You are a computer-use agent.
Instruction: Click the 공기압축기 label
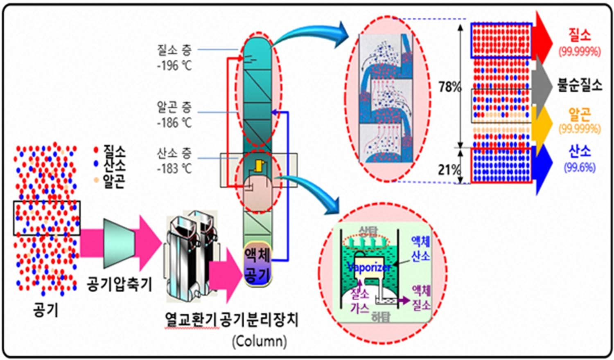pos(119,283)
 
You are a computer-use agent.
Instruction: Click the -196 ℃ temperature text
pos(174,65)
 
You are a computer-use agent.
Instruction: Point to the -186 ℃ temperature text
pos(174,122)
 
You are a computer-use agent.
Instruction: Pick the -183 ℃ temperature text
pos(174,168)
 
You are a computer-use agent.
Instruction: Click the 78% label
pos(449,87)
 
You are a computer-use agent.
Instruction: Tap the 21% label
pos(449,169)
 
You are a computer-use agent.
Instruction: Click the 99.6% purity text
pos(580,167)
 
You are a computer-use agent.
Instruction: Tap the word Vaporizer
pos(369,268)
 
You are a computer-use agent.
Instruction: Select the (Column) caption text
pos(259,341)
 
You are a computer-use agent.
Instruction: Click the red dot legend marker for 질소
pos(96,150)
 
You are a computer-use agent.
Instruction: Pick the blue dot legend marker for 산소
pos(96,164)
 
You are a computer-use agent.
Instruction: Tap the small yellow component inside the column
pos(259,165)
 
